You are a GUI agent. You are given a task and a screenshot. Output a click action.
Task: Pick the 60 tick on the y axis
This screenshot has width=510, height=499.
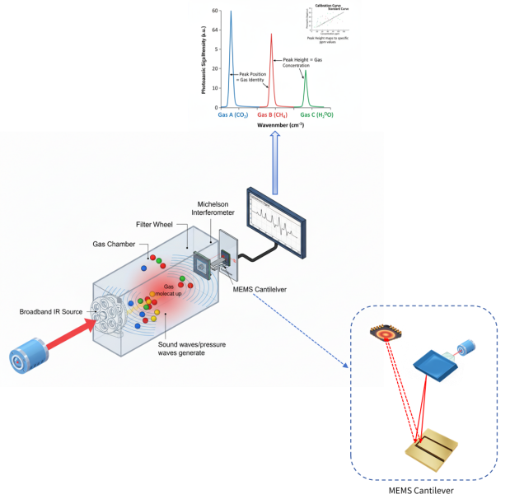pyautogui.click(x=215, y=12)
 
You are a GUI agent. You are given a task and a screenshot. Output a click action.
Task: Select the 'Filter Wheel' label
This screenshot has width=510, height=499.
pyautogui.click(x=153, y=223)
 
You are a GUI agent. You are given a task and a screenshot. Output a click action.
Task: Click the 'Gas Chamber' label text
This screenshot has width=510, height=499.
pyautogui.click(x=113, y=245)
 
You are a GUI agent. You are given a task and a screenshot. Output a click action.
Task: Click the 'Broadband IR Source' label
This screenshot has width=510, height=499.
pyautogui.click(x=51, y=312)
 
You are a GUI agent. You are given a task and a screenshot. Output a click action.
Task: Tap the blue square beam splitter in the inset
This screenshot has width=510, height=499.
pyautogui.click(x=433, y=365)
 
